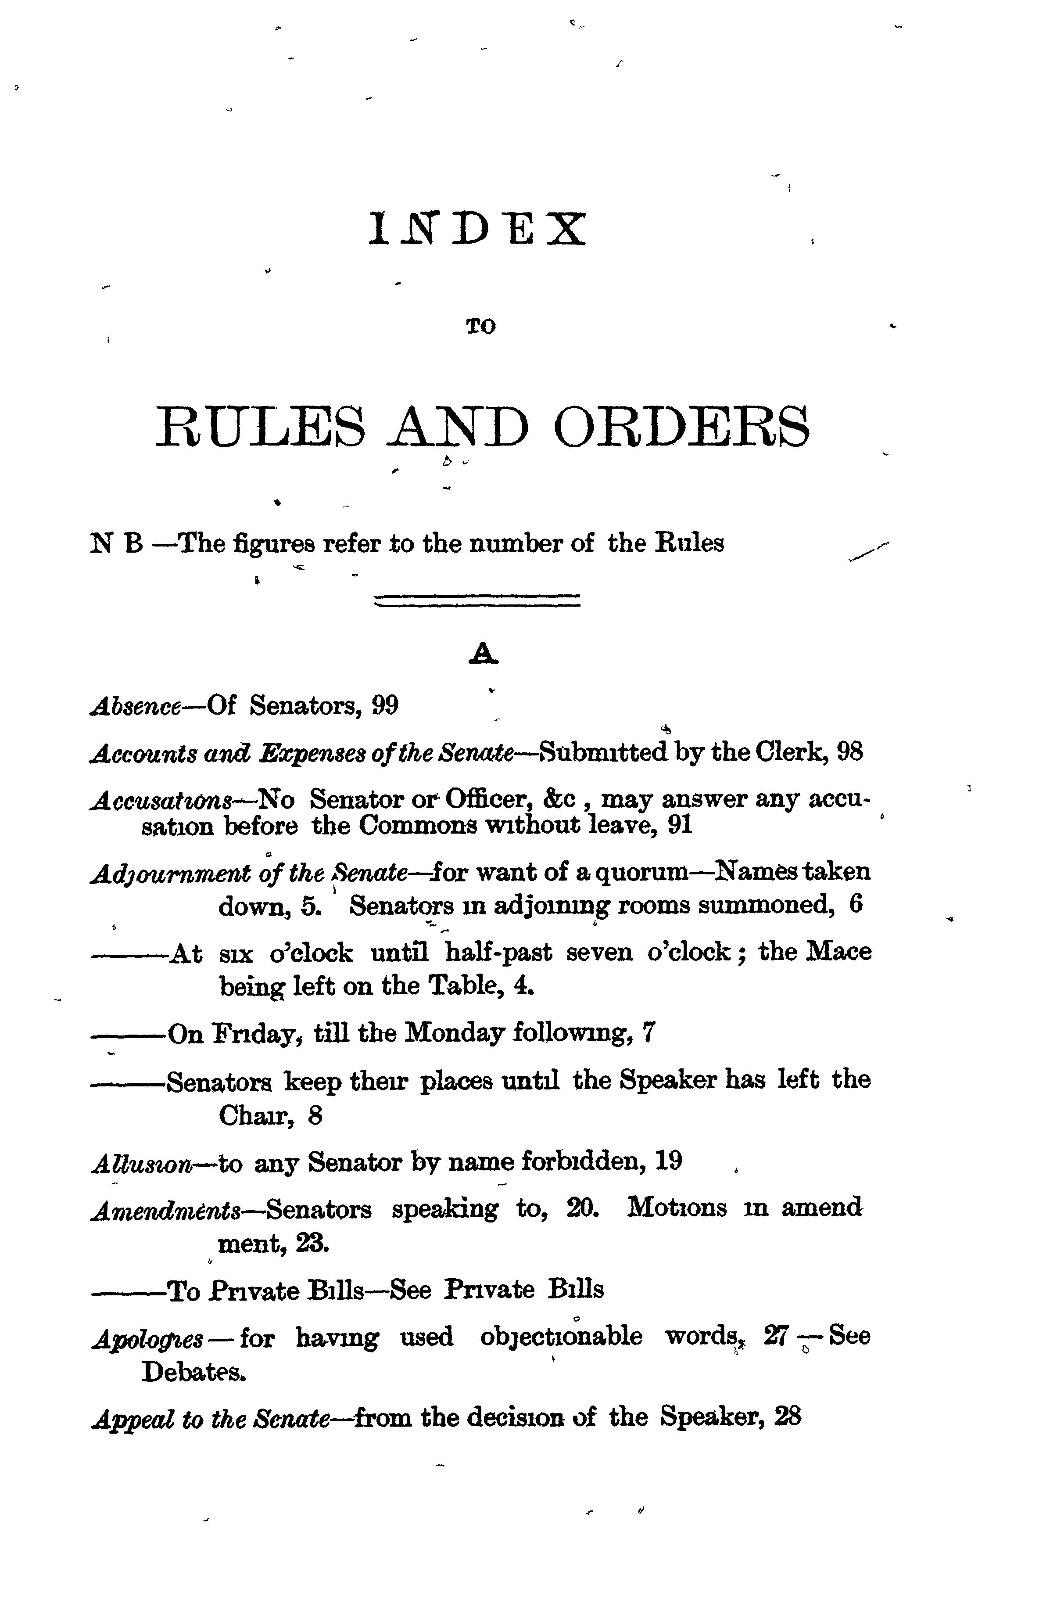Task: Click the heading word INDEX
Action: point(477,230)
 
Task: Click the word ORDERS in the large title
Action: point(681,427)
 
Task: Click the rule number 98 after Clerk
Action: point(849,752)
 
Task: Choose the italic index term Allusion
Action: point(142,1162)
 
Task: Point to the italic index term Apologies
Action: point(147,1338)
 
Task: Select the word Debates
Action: point(193,1371)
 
